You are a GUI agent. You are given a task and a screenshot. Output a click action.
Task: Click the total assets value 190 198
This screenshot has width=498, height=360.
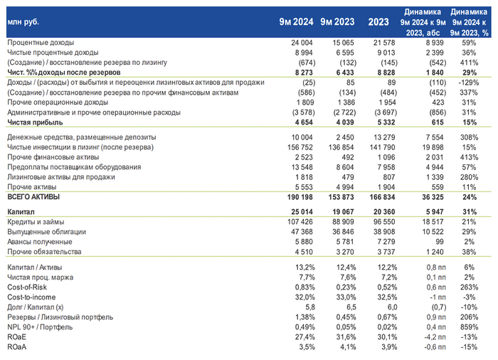[298, 196]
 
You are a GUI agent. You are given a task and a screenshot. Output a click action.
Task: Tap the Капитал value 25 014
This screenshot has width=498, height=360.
[300, 212]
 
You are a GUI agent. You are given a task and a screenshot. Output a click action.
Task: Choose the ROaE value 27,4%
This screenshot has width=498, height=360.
[302, 336]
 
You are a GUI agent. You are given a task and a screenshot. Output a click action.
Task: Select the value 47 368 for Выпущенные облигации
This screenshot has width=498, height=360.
[300, 232]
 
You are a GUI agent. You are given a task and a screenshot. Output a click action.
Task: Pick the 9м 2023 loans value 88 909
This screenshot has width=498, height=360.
[344, 222]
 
